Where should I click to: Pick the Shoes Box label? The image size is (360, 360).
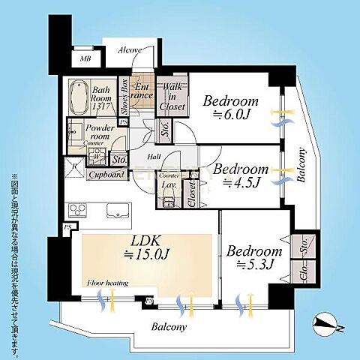123,97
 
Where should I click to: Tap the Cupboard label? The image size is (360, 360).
106,175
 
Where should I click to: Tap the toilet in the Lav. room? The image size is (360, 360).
167,199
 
